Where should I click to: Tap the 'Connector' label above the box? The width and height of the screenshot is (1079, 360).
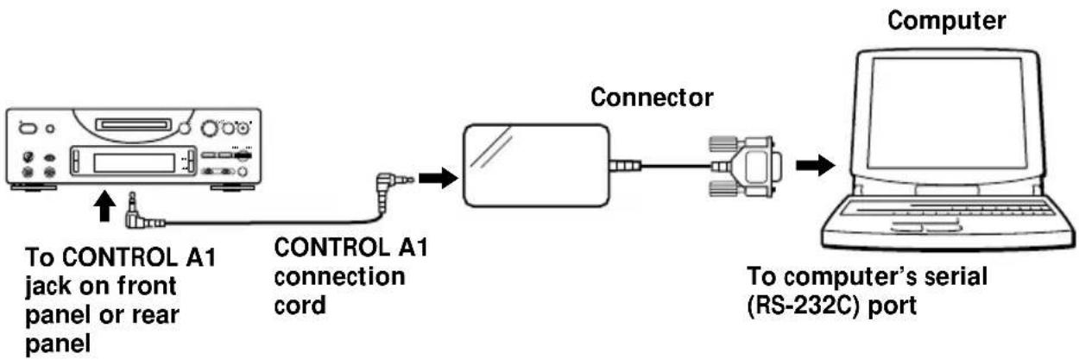652,98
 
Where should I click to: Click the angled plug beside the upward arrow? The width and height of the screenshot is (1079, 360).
132,215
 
